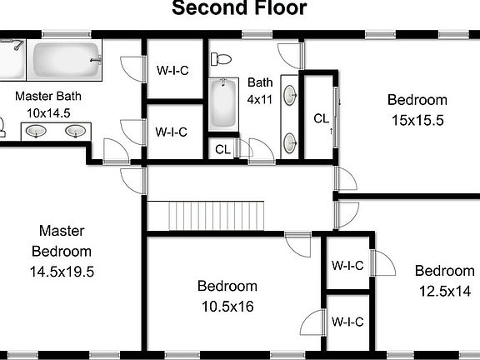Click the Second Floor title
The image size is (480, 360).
(239, 9)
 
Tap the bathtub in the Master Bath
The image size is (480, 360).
(65, 61)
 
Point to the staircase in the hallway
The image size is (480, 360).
(217, 216)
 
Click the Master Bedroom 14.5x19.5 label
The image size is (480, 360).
(61, 250)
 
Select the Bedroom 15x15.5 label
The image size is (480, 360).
(417, 109)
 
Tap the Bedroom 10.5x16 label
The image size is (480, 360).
(226, 296)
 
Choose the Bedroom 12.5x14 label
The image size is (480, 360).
(444, 281)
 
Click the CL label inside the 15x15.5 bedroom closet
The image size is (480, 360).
(321, 118)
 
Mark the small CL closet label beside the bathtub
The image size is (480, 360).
(222, 149)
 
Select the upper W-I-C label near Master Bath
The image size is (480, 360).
(172, 70)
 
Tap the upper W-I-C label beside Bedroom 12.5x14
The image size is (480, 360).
(347, 266)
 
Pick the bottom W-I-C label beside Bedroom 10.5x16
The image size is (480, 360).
(347, 322)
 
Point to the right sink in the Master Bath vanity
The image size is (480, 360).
(76, 131)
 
